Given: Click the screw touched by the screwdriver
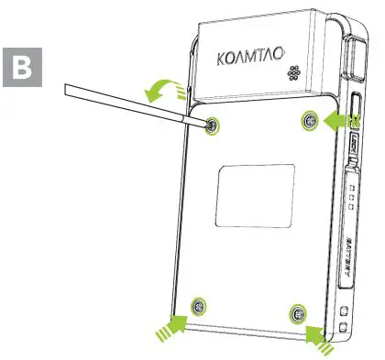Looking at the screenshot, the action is [213, 124].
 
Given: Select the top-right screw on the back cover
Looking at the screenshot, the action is [310, 121].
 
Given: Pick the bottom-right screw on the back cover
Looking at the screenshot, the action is [296, 314].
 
